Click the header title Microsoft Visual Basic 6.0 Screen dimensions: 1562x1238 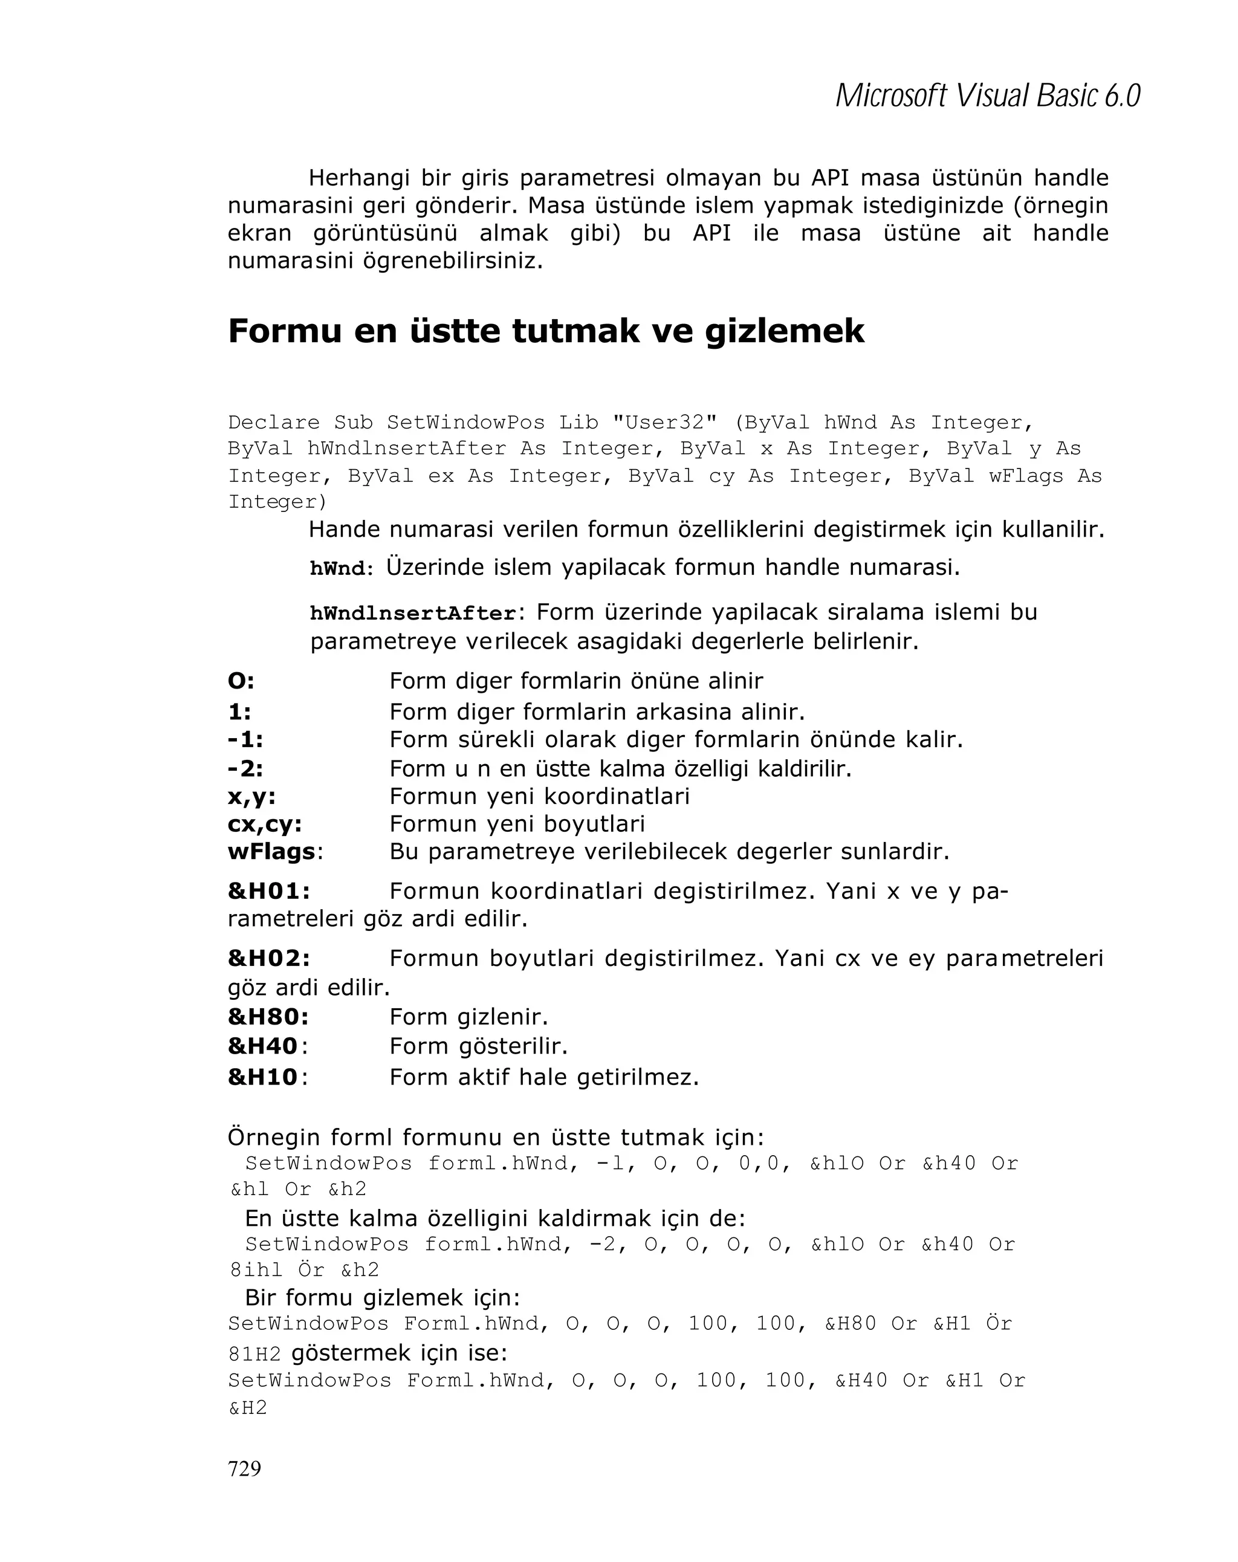pyautogui.click(x=987, y=96)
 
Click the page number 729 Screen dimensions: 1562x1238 pyautogui.click(x=244, y=1468)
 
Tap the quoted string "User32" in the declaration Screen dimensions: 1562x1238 pyautogui.click(x=665, y=422)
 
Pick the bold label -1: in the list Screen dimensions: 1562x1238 pyautogui.click(x=245, y=740)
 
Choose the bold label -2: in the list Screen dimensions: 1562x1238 pyautogui.click(x=245, y=768)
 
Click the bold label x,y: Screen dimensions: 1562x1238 pyautogui.click(x=251, y=796)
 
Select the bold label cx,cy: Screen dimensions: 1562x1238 pyautogui.click(x=264, y=824)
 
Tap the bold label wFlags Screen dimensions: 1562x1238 pyautogui.click(x=271, y=851)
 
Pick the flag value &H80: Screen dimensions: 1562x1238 pyautogui.click(x=268, y=1017)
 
